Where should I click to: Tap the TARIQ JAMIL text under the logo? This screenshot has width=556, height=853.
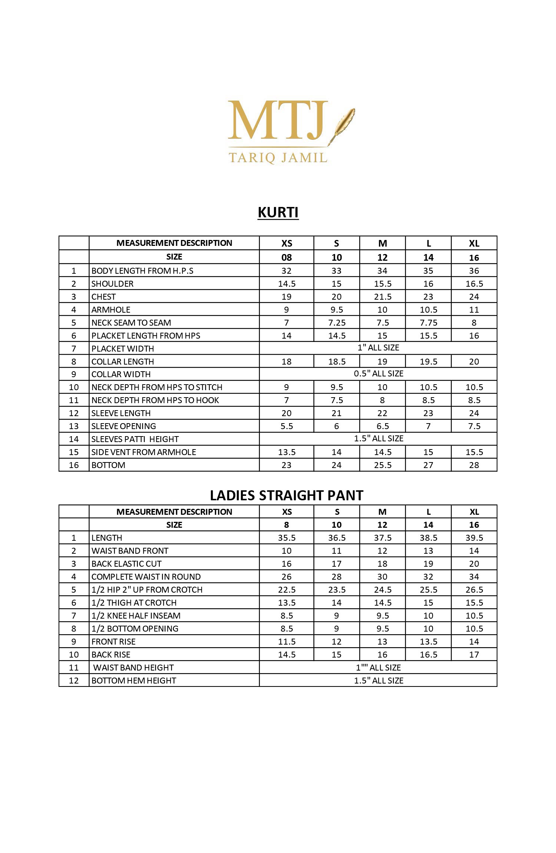tap(278, 158)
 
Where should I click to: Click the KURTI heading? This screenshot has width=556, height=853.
tap(278, 213)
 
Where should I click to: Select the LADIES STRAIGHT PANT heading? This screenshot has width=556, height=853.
tap(287, 495)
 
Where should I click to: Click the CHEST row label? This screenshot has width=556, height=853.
tap(103, 297)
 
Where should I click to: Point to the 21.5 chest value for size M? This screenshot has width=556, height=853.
tap(383, 297)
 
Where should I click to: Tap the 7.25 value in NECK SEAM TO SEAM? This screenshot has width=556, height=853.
tap(337, 323)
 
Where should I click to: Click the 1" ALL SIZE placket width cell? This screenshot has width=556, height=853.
tap(378, 348)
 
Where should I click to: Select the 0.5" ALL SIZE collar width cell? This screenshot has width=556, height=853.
tap(378, 374)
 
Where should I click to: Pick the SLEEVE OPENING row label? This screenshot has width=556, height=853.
tap(124, 426)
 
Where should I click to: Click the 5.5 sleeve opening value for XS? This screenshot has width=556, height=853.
tap(287, 426)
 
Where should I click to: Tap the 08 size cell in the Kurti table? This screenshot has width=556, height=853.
tap(287, 257)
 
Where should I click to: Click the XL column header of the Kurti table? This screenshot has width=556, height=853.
tap(474, 243)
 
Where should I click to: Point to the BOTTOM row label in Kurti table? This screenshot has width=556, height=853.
tap(108, 465)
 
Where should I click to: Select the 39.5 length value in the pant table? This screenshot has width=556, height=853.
tap(474, 538)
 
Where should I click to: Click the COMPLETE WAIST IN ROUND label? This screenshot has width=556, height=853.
tap(146, 577)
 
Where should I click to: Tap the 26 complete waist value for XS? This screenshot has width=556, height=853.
tap(287, 577)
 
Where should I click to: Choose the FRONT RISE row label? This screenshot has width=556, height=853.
tap(113, 642)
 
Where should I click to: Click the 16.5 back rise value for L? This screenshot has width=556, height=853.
tap(428, 655)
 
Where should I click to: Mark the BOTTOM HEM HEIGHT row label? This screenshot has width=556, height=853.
tap(134, 681)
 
